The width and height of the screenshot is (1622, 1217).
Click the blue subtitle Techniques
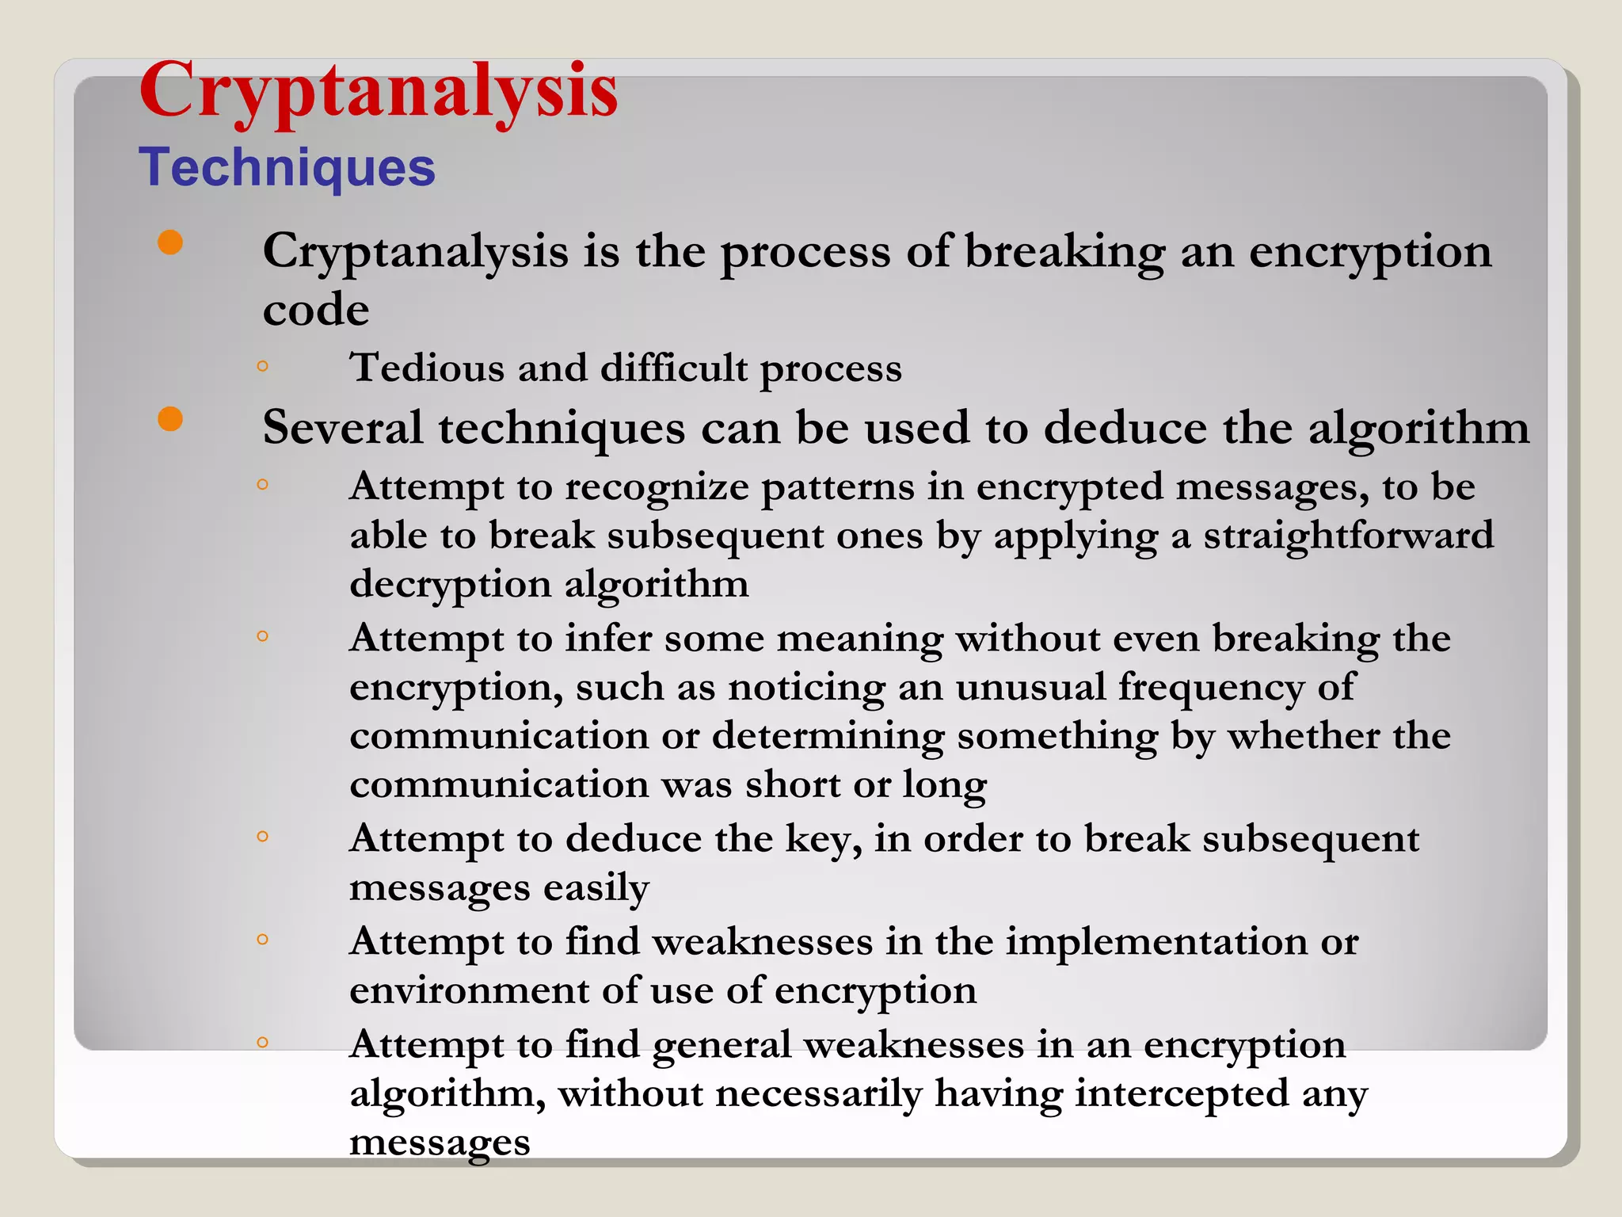(287, 168)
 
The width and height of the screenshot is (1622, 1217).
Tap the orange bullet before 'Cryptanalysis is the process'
(170, 242)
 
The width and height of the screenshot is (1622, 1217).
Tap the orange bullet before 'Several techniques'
(170, 419)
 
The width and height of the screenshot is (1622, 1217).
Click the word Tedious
(428, 368)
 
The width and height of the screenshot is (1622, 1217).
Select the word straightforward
(1348, 536)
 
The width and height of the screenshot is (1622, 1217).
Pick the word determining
(828, 737)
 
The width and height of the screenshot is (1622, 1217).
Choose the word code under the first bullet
(315, 309)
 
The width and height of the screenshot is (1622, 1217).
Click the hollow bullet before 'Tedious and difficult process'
(263, 366)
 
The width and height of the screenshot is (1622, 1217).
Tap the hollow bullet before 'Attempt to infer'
(263, 635)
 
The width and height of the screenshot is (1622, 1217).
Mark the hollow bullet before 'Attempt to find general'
(263, 1042)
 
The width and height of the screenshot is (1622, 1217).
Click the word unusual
(1030, 688)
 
